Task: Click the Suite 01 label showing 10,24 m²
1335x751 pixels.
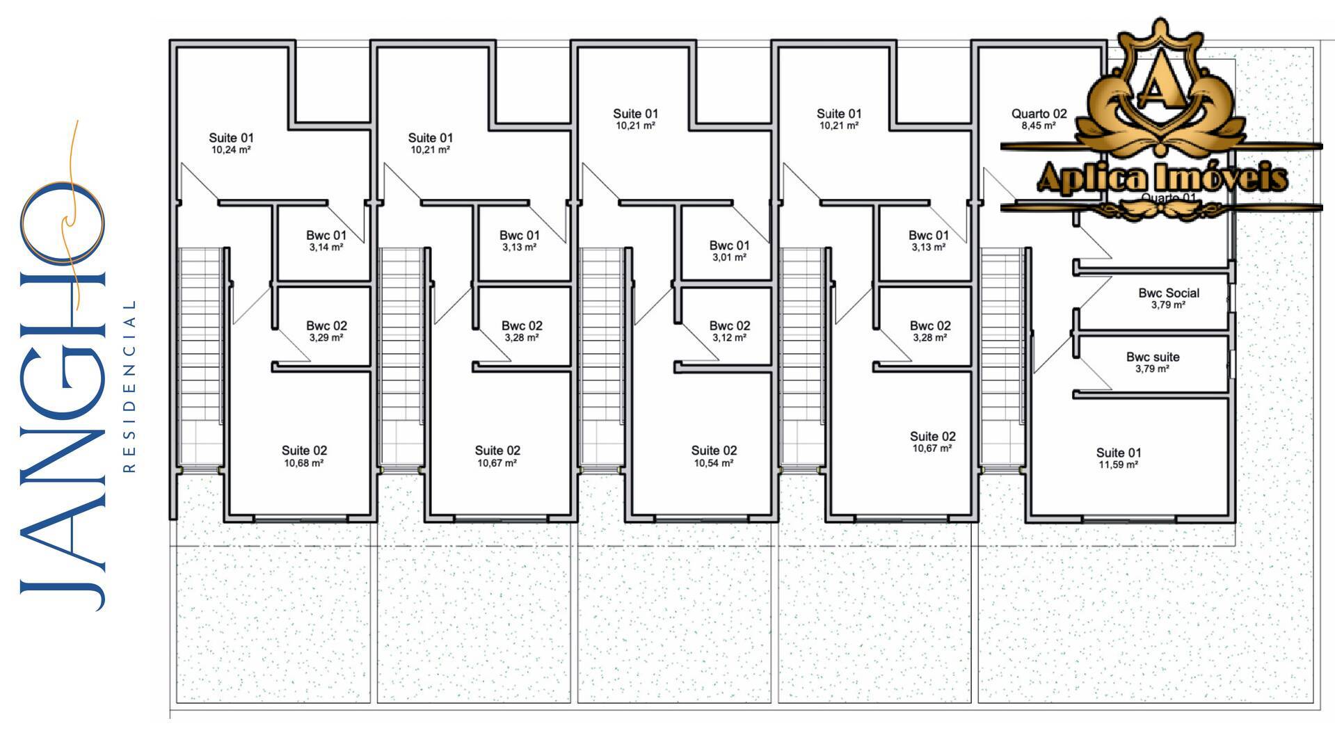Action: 231,143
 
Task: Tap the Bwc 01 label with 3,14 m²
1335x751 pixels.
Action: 326,240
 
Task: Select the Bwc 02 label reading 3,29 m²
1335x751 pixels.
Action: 326,330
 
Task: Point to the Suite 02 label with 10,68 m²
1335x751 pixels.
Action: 304,455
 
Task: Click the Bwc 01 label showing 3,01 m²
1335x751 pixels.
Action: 729,250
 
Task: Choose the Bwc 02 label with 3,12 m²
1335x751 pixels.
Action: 730,330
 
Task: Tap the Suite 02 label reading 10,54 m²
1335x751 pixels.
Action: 714,455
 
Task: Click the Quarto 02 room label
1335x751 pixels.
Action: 1039,118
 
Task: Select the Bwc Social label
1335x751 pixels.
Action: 1169,298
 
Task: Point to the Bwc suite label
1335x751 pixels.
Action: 1153,362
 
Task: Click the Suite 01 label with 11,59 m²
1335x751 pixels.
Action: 1119,458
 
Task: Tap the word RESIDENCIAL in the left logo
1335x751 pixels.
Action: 129,386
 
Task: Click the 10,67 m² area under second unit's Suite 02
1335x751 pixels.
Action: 497,463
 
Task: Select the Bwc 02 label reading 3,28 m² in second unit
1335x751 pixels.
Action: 522,330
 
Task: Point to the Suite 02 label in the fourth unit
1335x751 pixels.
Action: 932,442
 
